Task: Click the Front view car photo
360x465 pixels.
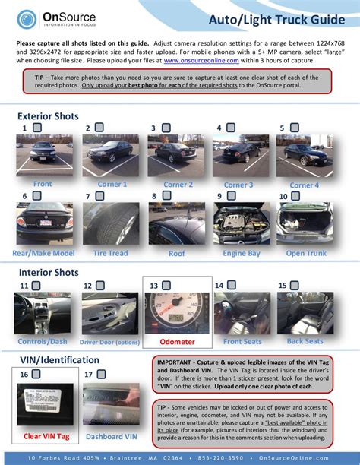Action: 43,157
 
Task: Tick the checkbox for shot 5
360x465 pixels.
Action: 292,128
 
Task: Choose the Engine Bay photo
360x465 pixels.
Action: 242,223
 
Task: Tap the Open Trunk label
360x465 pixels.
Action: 305,252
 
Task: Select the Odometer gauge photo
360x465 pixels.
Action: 176,313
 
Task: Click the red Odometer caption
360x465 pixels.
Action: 176,342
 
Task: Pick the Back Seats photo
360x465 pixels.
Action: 305,313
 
